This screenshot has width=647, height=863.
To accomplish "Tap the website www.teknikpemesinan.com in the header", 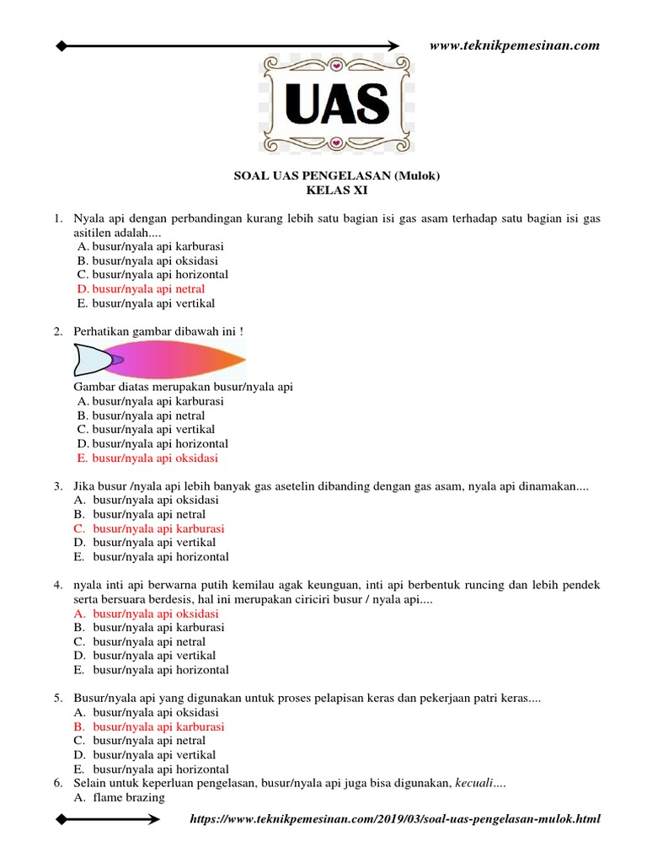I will [x=514, y=46].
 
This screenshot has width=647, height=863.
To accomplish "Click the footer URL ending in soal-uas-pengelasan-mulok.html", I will [x=395, y=819].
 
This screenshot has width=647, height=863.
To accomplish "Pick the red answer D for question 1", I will [x=141, y=289].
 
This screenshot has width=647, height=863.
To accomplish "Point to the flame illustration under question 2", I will [x=160, y=360].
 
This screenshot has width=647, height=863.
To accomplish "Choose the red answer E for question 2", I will [x=147, y=458].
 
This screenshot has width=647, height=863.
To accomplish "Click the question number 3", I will [x=57, y=486].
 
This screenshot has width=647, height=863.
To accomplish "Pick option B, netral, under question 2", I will [x=141, y=415].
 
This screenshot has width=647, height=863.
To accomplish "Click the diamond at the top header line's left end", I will [x=61, y=46].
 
